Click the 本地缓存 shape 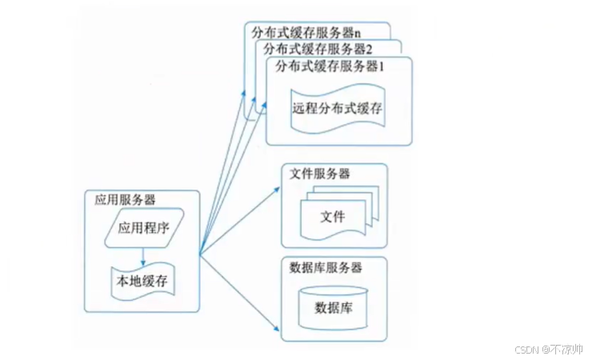[142, 282]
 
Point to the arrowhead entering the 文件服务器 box [278, 190]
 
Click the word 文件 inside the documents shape [332, 217]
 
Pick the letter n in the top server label [358, 34]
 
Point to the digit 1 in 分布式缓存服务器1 [382, 66]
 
